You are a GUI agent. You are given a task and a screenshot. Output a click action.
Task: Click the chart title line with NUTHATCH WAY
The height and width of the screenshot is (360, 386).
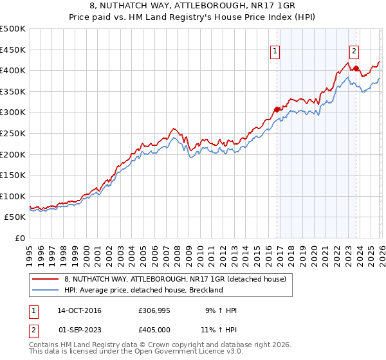pos(192,6)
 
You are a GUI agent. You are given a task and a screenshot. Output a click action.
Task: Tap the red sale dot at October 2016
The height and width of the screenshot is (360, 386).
pos(277,109)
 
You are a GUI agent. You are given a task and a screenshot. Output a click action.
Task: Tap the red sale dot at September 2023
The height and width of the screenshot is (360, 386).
pos(356,68)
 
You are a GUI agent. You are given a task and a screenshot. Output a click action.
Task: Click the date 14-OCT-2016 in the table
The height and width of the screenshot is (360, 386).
pos(79,310)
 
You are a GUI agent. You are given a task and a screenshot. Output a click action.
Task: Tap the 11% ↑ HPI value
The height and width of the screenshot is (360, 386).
pos(219,328)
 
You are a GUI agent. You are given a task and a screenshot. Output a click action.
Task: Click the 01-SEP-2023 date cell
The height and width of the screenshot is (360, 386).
pos(79,328)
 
